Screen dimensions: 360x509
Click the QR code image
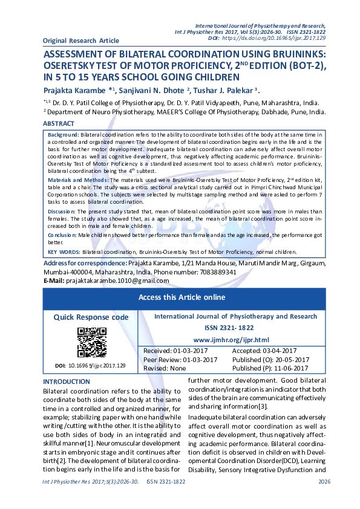point(91,342)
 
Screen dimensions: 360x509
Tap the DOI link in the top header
point(274,37)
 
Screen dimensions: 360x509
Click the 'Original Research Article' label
point(81,41)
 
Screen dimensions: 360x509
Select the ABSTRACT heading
point(59,123)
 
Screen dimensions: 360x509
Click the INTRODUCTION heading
point(66,381)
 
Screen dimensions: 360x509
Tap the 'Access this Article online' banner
point(182,297)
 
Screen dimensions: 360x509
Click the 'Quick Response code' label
point(91,317)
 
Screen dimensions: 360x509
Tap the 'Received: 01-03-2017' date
point(172,351)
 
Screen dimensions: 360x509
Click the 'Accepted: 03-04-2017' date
point(264,351)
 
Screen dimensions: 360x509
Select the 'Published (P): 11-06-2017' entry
point(270,368)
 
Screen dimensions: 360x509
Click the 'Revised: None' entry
point(165,368)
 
